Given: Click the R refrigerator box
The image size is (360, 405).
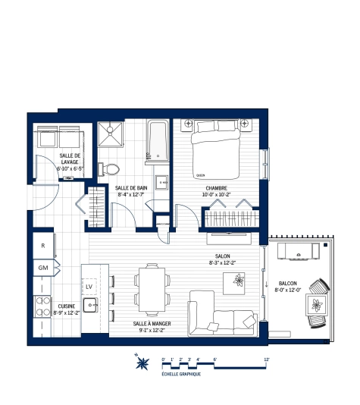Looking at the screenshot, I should (x=43, y=246).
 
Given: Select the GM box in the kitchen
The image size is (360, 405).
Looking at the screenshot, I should (x=43, y=268).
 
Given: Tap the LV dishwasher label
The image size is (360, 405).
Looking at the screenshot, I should (x=89, y=287).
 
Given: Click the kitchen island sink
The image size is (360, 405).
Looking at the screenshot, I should (x=90, y=306).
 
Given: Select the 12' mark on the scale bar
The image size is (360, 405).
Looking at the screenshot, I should (x=267, y=359).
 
